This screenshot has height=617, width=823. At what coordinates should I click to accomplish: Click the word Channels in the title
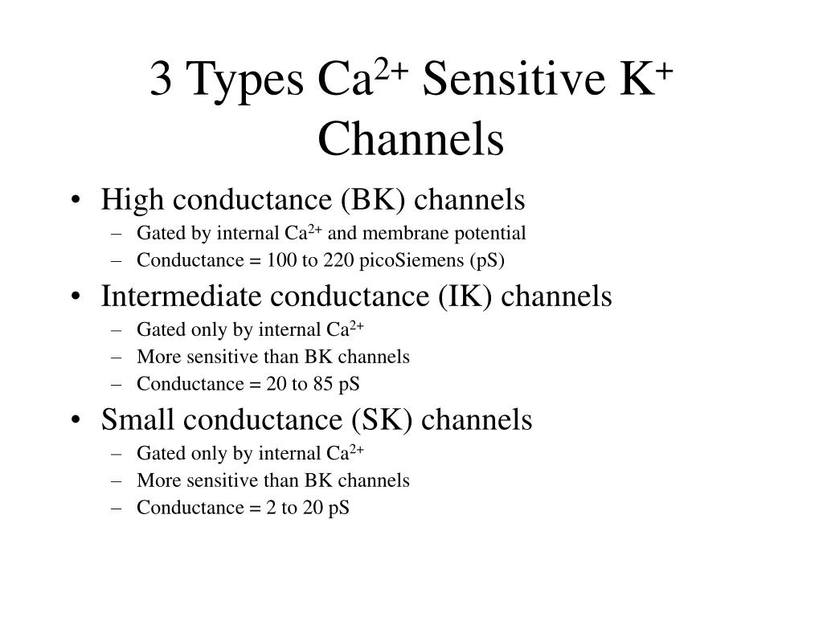411,138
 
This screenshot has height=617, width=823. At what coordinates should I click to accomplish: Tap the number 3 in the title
161,79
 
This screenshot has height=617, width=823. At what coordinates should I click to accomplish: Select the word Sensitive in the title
514,78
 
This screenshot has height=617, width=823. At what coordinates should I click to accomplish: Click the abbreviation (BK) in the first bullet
373,199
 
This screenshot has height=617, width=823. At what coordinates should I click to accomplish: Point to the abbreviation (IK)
465,296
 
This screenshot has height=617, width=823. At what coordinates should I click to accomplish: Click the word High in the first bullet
133,200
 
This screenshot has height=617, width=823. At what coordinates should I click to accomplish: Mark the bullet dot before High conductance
76,200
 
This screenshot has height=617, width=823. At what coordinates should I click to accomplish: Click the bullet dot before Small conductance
76,420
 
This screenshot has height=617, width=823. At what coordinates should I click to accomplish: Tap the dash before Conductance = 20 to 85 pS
117,385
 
